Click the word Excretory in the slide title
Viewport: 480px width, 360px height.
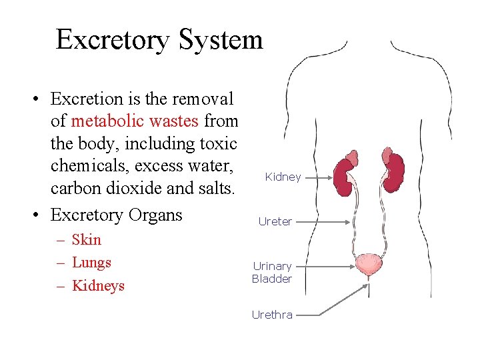[114, 40]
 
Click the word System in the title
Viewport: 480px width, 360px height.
[221, 40]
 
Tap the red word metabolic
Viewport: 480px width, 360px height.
[101, 121]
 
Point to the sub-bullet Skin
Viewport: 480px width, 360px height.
[86, 240]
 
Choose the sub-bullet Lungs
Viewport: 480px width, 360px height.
[91, 263]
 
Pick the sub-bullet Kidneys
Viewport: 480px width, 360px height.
[98, 286]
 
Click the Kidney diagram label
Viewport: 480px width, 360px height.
[283, 177]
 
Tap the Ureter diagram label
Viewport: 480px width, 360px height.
[275, 222]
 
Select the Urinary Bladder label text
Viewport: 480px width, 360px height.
[272, 273]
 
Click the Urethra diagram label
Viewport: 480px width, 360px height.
[272, 315]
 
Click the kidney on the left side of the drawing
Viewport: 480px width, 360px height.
[345, 176]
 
